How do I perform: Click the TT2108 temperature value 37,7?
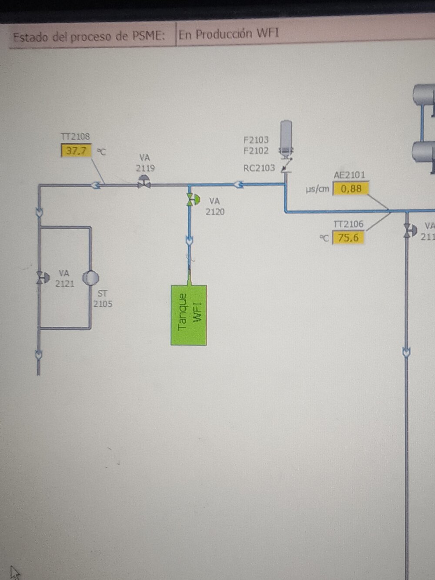(x=77, y=151)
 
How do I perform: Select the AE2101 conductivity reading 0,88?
(x=351, y=189)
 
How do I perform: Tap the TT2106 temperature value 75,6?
(x=348, y=238)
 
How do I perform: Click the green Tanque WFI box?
(x=189, y=315)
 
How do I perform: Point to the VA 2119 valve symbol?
(x=144, y=182)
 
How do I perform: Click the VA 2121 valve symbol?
(x=43, y=278)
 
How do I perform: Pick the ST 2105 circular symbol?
(x=90, y=278)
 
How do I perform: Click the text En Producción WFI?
(x=228, y=34)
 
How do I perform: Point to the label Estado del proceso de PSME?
(x=89, y=36)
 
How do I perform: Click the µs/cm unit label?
(x=318, y=189)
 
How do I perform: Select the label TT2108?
(x=75, y=137)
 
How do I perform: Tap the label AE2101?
(x=350, y=175)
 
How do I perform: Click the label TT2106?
(x=348, y=224)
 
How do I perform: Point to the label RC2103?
(x=259, y=168)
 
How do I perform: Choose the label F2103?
(x=256, y=140)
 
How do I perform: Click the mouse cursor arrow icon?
(x=15, y=571)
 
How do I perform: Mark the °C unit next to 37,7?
(x=101, y=152)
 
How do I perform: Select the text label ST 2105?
(x=103, y=299)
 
